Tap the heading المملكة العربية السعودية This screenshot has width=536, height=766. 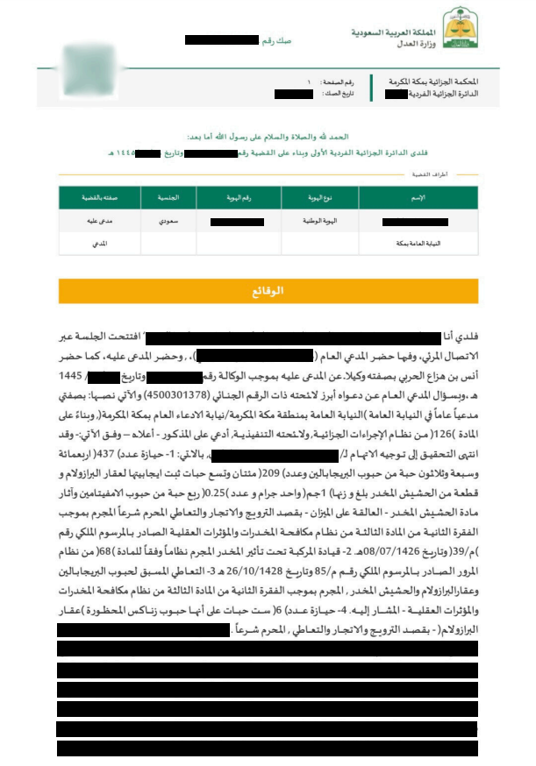[x=379, y=29]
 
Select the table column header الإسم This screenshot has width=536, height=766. [x=418, y=196]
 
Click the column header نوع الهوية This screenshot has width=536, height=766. [x=311, y=196]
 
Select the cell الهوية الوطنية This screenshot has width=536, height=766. [x=311, y=222]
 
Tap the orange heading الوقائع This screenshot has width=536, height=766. [x=268, y=290]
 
